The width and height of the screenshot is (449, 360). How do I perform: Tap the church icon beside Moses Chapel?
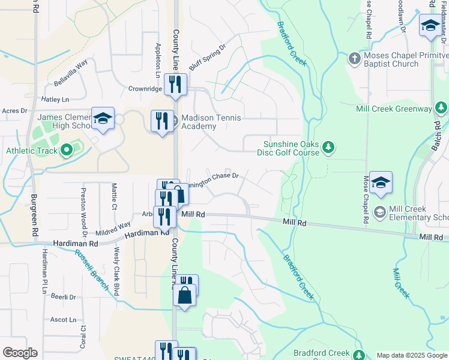pos(355,59)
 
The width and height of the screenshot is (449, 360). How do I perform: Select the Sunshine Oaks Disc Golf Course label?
pos(292,148)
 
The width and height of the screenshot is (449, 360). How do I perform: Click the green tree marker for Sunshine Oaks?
pos(328,147)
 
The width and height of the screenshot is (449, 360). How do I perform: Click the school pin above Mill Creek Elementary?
pos(381,182)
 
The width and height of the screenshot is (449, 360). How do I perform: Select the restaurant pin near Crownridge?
pos(175,84)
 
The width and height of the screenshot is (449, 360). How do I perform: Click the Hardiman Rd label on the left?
pos(75,244)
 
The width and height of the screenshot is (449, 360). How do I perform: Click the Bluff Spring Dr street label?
pos(207,57)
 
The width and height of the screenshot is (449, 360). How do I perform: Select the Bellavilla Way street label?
pos(70,71)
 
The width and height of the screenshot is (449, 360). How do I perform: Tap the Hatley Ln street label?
pos(55,99)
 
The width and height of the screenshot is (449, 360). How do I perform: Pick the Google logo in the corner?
pos(20,353)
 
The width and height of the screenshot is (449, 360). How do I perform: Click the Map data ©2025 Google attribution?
pos(412,355)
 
